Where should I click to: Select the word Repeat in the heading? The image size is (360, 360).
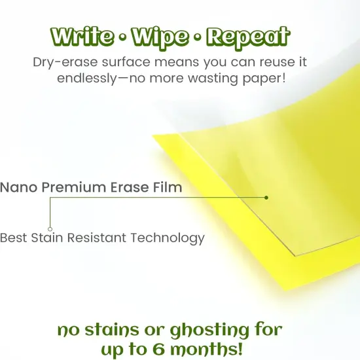pos(247,37)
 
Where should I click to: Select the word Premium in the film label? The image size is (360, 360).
pos(71,188)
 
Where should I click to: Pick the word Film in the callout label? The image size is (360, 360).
pos(168,188)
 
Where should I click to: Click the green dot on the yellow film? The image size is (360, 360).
pos(266,197)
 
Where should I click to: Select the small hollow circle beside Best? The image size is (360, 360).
pos(50,229)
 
